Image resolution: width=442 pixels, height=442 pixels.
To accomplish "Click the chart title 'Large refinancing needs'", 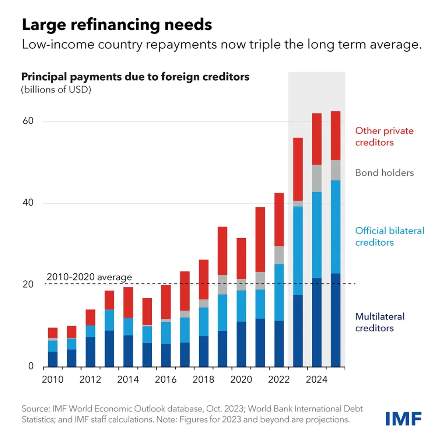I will pyautogui.click(x=117, y=25).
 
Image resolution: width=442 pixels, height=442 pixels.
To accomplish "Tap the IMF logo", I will pyautogui.click(x=403, y=419).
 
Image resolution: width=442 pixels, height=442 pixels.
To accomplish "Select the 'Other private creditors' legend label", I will pyautogui.click(x=384, y=137).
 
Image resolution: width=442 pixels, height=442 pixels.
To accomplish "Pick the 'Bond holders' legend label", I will pyautogui.click(x=384, y=173).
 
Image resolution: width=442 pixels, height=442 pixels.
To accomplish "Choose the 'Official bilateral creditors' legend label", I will pyautogui.click(x=389, y=236).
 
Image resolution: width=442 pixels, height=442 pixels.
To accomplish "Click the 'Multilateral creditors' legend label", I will pyautogui.click(x=380, y=322).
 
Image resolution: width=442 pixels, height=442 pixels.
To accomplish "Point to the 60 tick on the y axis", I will pyautogui.click(x=28, y=121).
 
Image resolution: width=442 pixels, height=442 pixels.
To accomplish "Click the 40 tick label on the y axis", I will pyautogui.click(x=28, y=203).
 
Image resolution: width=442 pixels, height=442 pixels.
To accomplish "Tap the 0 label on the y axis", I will pyautogui.click(x=31, y=366).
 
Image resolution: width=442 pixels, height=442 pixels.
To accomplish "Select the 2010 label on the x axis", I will pyautogui.click(x=53, y=380).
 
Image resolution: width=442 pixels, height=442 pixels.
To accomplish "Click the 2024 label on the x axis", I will pyautogui.click(x=316, y=380).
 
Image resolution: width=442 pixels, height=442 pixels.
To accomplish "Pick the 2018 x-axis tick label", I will pyautogui.click(x=203, y=380).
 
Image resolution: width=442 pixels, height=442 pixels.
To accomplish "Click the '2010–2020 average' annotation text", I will pyautogui.click(x=89, y=277).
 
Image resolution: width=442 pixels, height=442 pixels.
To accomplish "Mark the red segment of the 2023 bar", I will pyautogui.click(x=298, y=169).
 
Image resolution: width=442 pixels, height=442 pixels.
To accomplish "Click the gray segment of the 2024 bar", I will pyautogui.click(x=317, y=178).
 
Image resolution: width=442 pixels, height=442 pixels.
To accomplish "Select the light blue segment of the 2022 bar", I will pyautogui.click(x=279, y=292).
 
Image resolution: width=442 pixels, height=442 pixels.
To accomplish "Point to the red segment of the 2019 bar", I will pyautogui.click(x=222, y=250).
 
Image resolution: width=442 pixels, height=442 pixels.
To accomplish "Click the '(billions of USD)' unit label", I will pyautogui.click(x=56, y=90).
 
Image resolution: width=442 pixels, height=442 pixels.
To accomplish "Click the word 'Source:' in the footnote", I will pyautogui.click(x=36, y=409).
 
